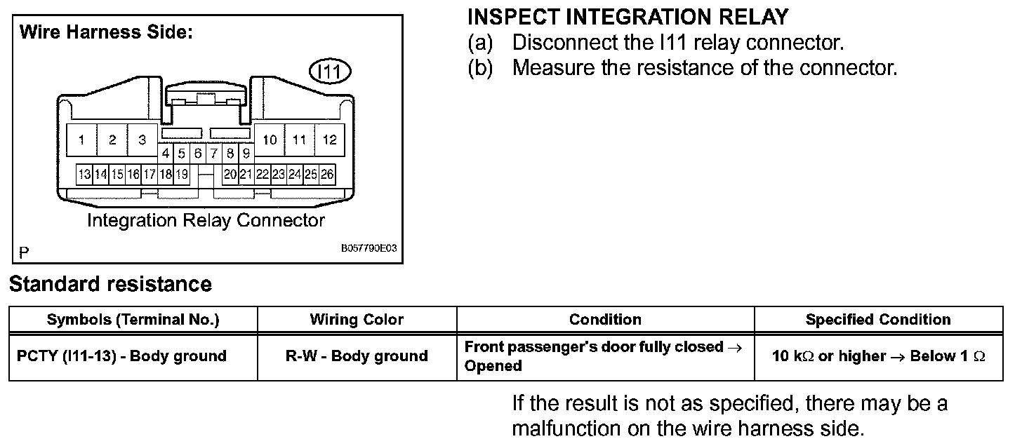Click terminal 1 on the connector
(x=82, y=140)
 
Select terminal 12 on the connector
(x=329, y=140)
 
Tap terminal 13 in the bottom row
(x=84, y=174)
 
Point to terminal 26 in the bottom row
(x=327, y=174)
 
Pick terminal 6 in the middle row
(x=198, y=153)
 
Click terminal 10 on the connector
(x=270, y=140)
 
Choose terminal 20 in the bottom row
(x=230, y=174)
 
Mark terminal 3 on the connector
(x=142, y=140)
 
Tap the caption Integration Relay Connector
(x=206, y=220)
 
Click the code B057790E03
(x=369, y=248)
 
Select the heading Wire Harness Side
(x=106, y=32)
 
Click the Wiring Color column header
(x=357, y=320)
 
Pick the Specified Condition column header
(x=878, y=320)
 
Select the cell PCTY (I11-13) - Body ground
(x=121, y=356)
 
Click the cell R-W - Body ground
(x=357, y=356)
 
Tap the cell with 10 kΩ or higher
(x=878, y=356)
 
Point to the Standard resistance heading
(x=110, y=284)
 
